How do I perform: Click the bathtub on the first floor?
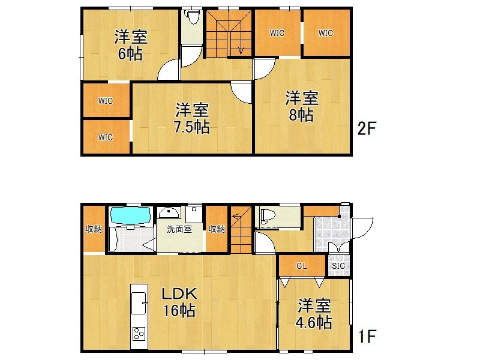coord(131,215)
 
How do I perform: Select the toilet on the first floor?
coord(265,217)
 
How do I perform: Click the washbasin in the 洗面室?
coord(169,212)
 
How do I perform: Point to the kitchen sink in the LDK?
coord(139,303)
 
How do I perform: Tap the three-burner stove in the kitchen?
coord(139,334)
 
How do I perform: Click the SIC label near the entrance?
coord(338,266)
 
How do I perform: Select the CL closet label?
coord(302,266)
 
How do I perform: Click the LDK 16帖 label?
coord(179,302)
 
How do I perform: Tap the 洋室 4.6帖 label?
coord(314,314)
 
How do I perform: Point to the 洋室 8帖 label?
coord(302,106)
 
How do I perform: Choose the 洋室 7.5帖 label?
coord(192,118)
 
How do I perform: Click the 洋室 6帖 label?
coord(131,45)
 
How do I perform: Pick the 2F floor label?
coord(367,128)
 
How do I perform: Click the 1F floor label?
coord(367,336)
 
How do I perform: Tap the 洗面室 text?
coord(179,229)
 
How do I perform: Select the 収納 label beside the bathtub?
coord(94,229)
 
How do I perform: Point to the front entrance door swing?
coord(362,228)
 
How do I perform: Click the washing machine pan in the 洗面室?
coord(194,214)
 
